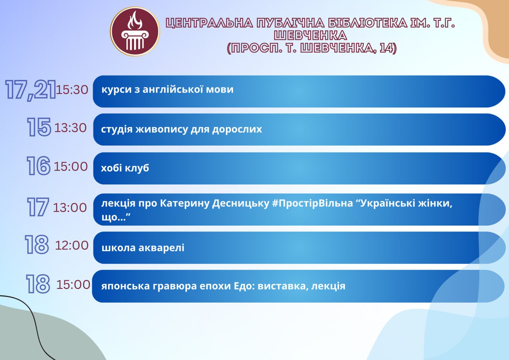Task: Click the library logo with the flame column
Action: tap(135, 31)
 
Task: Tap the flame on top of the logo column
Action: tap(135, 20)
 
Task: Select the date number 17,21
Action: tap(31, 90)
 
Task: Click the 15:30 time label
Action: tap(72, 90)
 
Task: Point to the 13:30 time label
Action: tap(70, 128)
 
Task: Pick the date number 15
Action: tap(39, 127)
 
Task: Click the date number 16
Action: tap(39, 166)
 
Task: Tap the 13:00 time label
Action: tap(70, 208)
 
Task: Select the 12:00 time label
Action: tap(72, 245)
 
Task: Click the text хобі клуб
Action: tap(125, 168)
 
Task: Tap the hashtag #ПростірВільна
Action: tap(313, 203)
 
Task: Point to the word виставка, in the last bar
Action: tap(283, 286)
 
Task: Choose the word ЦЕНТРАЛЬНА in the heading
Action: tap(209, 23)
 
